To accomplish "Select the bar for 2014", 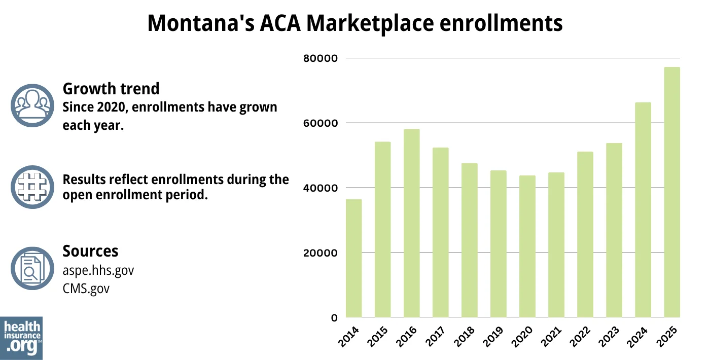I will coord(353,258).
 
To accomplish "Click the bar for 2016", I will coord(412,223).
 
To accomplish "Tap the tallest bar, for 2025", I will coord(672,192).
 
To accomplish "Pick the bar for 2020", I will coord(527,246).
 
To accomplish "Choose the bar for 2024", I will coord(643,210).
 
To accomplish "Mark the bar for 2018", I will coord(470,240).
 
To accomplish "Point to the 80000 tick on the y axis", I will coord(320,58).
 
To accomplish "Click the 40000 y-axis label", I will coord(320,188).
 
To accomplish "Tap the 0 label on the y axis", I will coord(334,318).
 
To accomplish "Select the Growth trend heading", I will coord(111,89).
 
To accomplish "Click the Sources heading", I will coord(90,251).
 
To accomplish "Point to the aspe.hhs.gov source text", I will coord(98,270).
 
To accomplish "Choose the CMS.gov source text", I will coord(86,289).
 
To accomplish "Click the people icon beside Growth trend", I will coord(32,105).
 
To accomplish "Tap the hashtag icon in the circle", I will coord(32,187).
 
